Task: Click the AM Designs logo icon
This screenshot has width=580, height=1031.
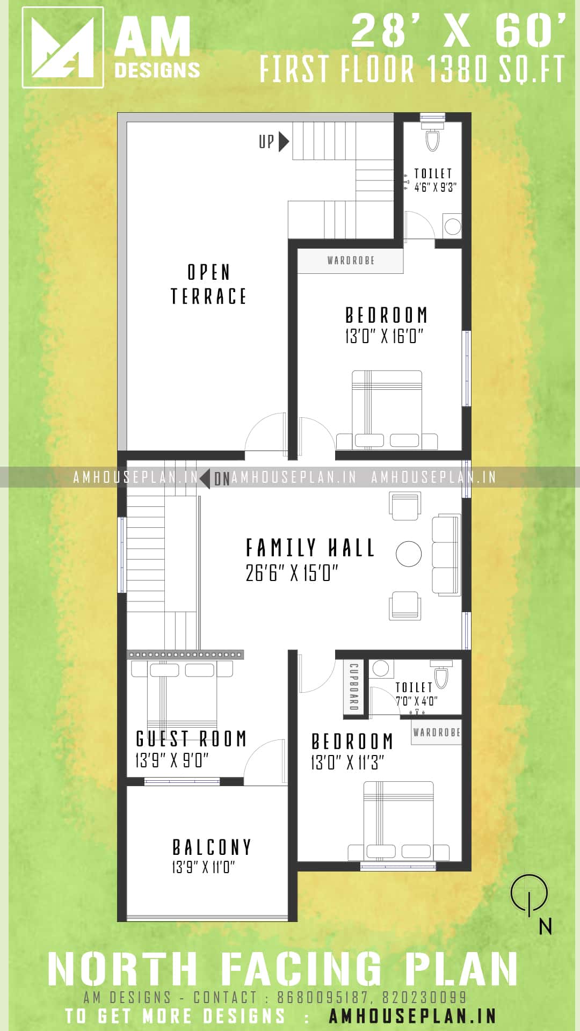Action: coord(63,47)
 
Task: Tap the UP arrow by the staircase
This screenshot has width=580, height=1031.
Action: coord(284,142)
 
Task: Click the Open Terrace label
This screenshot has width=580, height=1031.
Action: coord(208,284)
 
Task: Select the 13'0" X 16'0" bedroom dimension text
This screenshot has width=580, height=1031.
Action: coord(384,337)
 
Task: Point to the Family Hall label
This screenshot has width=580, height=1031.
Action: coord(310,548)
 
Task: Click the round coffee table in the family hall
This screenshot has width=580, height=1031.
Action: coord(409,554)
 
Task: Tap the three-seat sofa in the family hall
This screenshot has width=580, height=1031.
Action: coord(446,555)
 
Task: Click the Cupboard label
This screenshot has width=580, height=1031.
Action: coord(354,687)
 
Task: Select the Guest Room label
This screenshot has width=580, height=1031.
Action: coord(191,739)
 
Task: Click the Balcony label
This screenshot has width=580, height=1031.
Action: coord(212,847)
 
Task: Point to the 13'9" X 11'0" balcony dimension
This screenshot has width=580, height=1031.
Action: coord(204,867)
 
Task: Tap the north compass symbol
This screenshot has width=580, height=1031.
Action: coord(530,895)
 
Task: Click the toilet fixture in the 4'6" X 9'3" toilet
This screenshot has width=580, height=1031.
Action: coord(432,136)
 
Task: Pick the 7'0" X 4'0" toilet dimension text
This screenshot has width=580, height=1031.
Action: coord(416,701)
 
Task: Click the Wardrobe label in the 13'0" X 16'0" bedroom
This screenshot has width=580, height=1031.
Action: coord(351,260)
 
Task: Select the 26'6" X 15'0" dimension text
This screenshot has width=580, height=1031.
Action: coord(292,573)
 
